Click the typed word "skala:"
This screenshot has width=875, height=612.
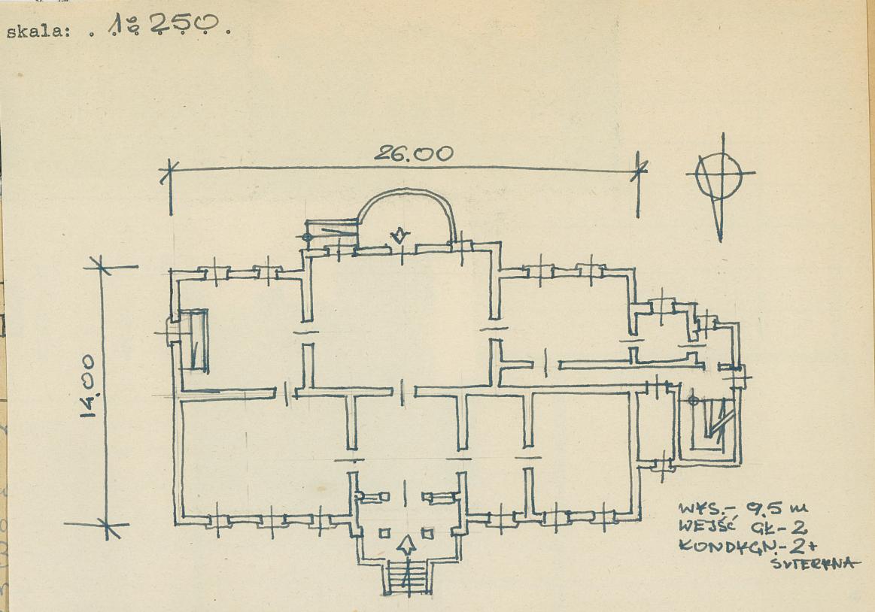point(38,32)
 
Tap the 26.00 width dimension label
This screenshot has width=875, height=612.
point(414,153)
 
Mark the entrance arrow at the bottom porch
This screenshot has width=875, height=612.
point(407,544)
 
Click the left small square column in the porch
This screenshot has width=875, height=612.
point(384,534)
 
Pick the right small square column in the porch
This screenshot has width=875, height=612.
point(427,534)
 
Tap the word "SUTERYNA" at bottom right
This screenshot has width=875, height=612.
point(813,563)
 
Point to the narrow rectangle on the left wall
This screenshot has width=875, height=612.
point(198,341)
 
